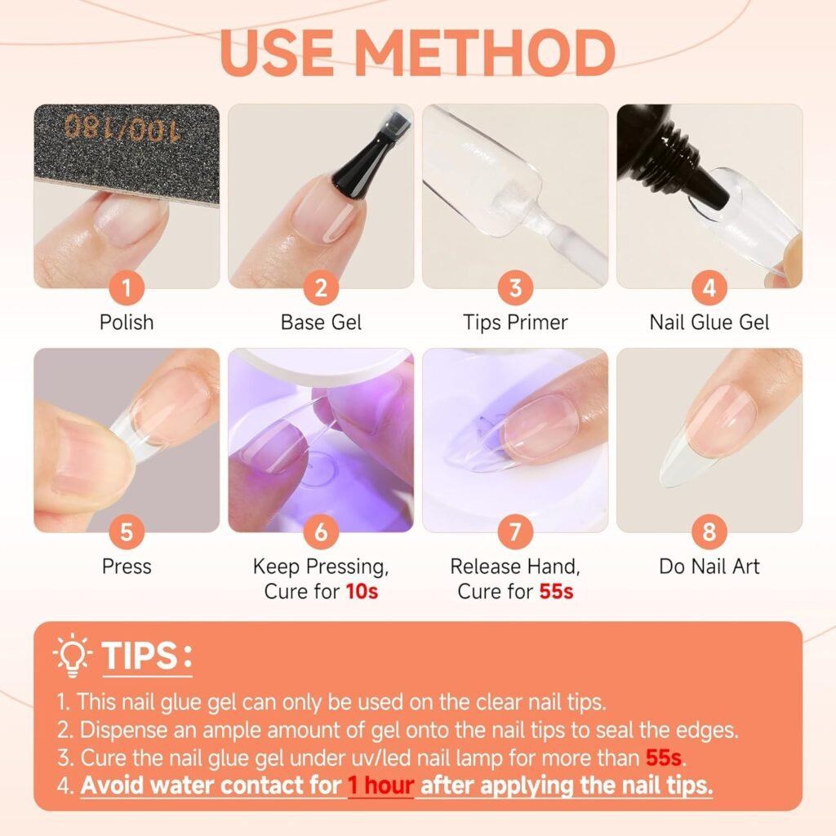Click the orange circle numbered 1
[x=127, y=287]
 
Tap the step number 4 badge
[x=709, y=287]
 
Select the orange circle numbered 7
[x=515, y=532]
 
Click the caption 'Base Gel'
[x=320, y=322]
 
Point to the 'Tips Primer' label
[x=514, y=322]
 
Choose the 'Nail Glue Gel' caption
[x=709, y=322]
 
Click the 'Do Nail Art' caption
[x=709, y=567]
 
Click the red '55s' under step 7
[x=556, y=592]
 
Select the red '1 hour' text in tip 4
[x=381, y=787]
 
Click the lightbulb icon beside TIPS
[x=72, y=656]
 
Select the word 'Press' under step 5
[x=127, y=567]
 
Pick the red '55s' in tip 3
[x=663, y=758]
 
